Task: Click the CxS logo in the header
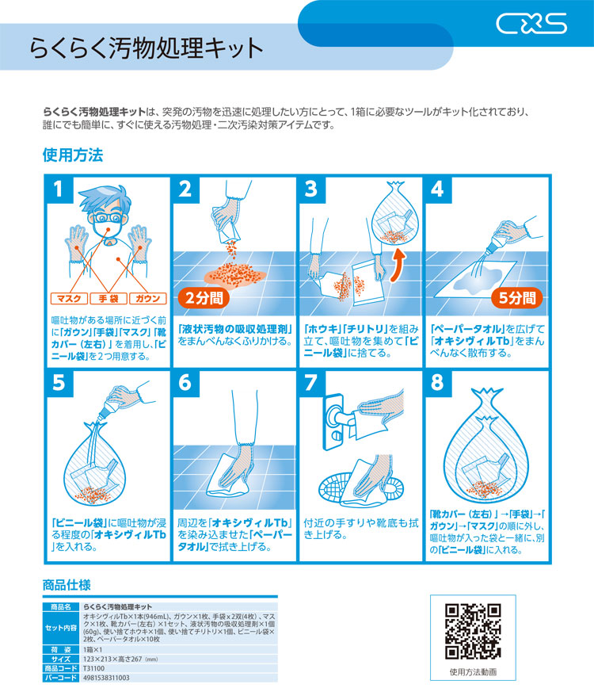(531, 24)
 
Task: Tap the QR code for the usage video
(473, 631)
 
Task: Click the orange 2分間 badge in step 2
(204, 298)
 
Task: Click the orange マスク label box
(69, 299)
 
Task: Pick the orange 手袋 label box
(109, 299)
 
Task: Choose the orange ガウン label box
(148, 299)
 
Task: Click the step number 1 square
(59, 189)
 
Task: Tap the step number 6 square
(185, 383)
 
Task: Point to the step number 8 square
(437, 383)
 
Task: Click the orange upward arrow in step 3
(398, 266)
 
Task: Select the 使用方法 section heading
(73, 155)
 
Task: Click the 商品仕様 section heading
(67, 585)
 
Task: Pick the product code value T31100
(93, 668)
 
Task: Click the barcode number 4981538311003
(106, 678)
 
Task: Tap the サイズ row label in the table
(61, 660)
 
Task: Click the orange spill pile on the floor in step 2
(235, 274)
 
